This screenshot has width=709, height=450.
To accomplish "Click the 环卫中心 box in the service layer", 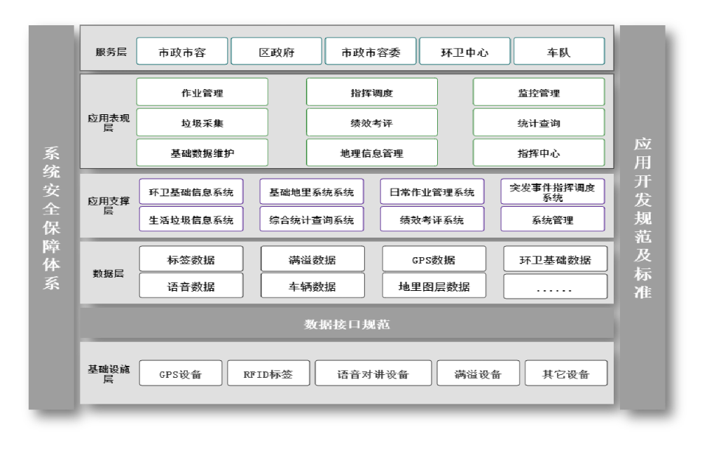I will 464,52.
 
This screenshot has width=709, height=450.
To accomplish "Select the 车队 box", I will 558,52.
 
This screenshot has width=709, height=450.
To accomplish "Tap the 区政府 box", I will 276,52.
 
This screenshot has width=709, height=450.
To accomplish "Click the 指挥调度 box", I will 371,93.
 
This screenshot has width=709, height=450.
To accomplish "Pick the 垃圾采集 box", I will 202,123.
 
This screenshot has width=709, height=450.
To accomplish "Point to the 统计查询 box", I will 538,123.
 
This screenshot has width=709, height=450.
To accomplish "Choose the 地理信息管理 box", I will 371,153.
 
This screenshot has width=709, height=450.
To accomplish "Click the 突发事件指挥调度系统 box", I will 552,192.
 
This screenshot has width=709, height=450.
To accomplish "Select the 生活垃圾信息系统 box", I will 191,219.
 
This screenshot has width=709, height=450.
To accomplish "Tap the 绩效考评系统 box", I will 432,219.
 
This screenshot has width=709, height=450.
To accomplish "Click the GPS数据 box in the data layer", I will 433,259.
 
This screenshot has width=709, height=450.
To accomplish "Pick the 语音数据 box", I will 191,286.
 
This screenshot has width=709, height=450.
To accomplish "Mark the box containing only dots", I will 555,287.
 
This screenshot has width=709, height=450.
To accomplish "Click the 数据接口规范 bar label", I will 347,325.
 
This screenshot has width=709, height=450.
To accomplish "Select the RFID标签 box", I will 268,374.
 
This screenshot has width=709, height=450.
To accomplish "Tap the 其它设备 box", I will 565,374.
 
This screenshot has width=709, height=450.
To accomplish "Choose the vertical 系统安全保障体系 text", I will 51,217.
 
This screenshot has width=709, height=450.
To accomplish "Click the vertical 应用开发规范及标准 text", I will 642,217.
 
